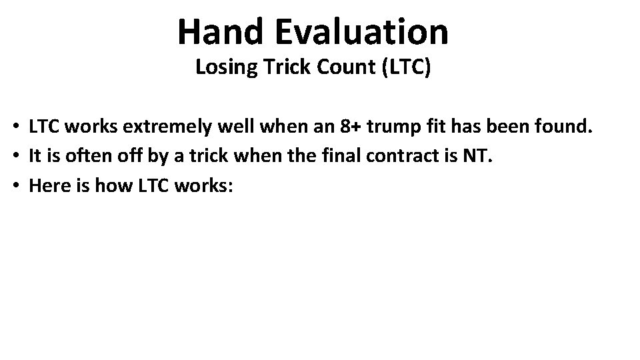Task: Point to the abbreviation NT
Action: pyautogui.click(x=480, y=157)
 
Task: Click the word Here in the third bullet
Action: pyautogui.click(x=46, y=186)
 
